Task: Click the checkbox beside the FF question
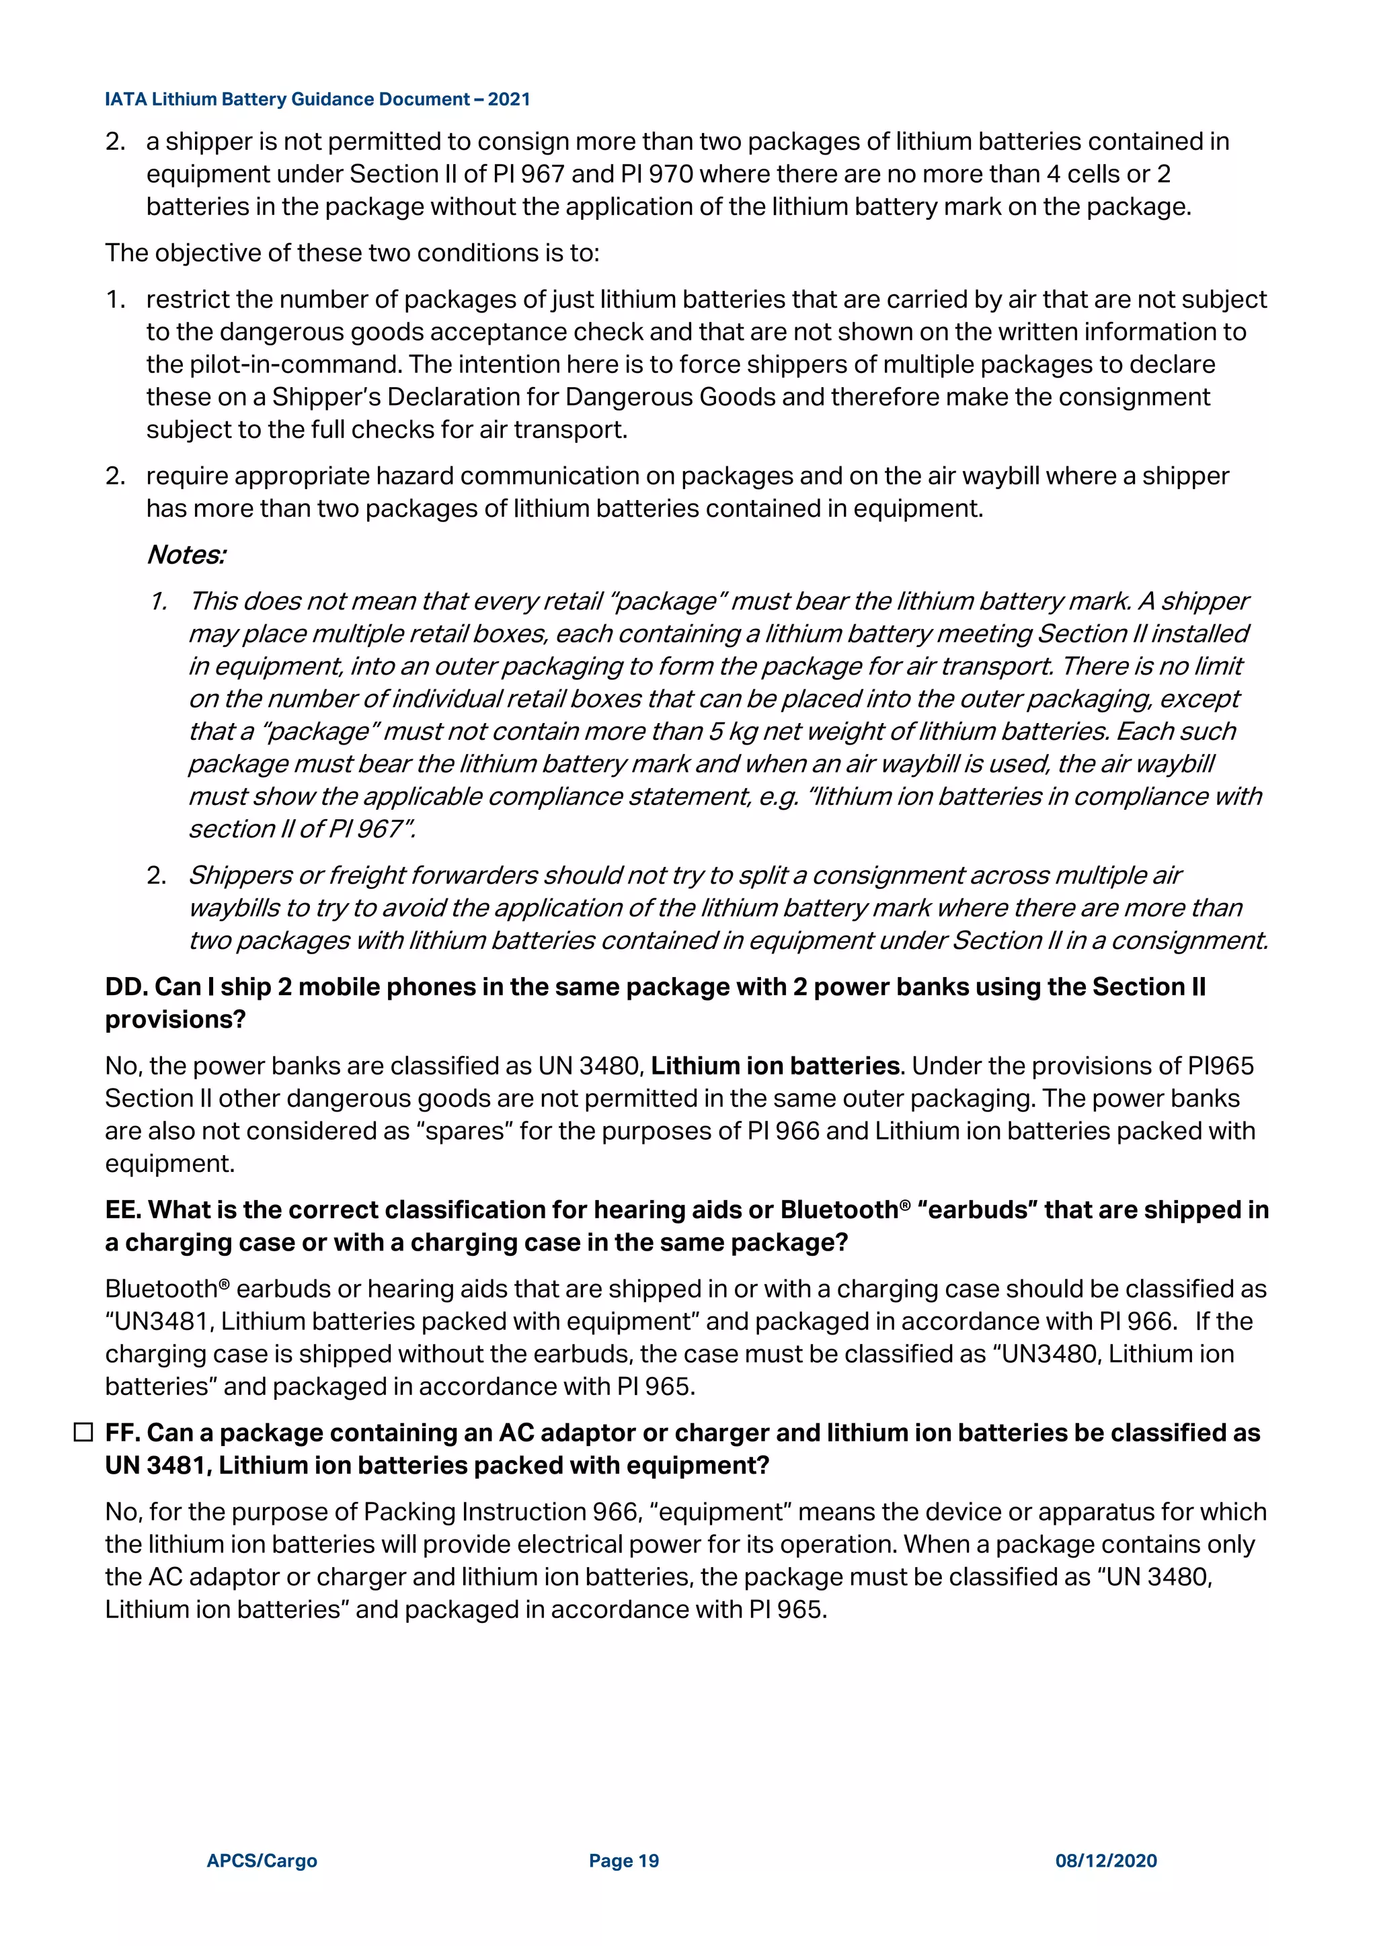83,1433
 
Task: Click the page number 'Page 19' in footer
623,1861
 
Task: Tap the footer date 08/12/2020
1105,1861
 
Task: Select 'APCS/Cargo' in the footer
262,1861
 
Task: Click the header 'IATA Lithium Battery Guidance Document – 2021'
317,99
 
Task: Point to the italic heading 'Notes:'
186,555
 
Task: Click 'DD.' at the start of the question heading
126,986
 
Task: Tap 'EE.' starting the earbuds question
123,1210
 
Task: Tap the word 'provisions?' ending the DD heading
175,1019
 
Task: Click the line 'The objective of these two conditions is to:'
352,253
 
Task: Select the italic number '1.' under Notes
159,601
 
